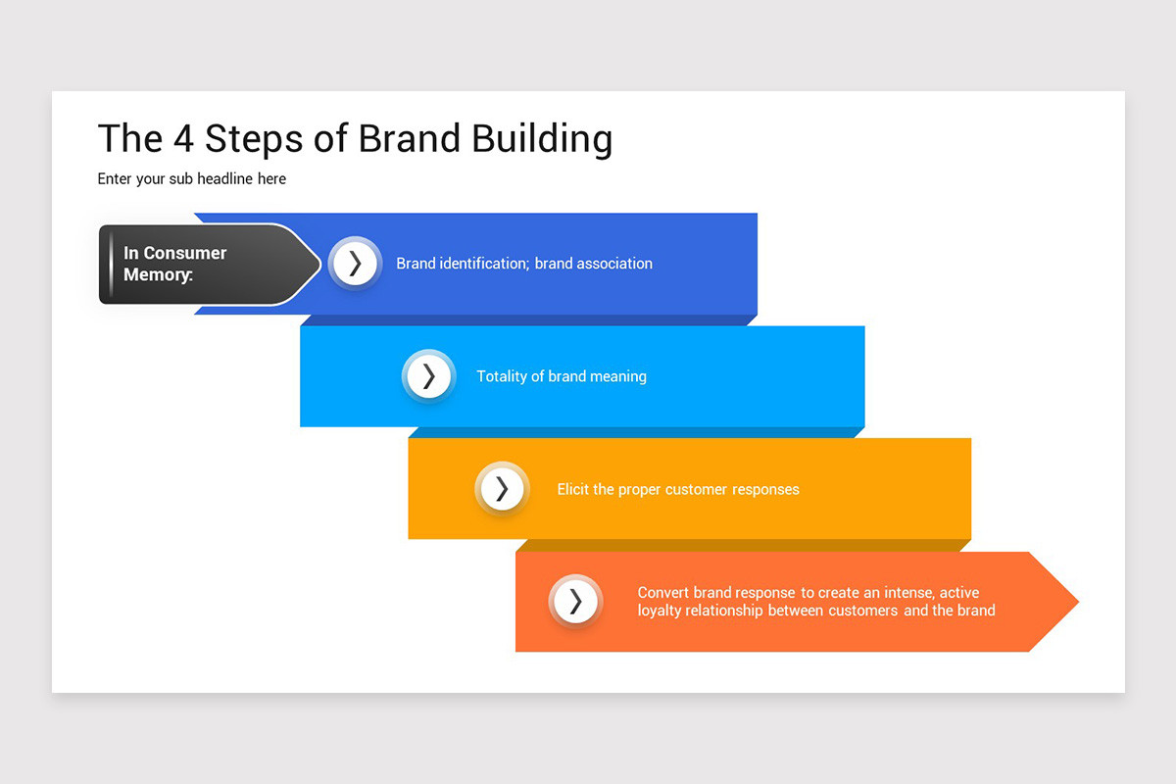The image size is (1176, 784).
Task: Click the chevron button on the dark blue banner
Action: point(355,263)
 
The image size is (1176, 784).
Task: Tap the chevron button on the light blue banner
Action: point(428,376)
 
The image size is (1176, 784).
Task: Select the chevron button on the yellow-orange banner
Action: point(502,489)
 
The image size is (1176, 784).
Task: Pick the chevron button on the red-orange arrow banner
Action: point(575,602)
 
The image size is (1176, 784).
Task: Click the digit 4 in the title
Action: point(184,138)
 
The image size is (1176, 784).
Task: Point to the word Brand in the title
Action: point(409,138)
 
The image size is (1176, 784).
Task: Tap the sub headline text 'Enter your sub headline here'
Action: point(192,179)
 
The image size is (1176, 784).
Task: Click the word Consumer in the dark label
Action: point(185,253)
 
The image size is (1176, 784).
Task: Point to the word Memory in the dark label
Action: point(157,274)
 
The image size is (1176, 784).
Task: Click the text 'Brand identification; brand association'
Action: point(524,263)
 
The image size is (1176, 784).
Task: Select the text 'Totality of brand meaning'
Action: point(562,376)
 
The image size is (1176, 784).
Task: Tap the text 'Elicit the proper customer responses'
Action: point(678,489)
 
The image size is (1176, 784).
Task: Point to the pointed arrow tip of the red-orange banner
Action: point(1078,602)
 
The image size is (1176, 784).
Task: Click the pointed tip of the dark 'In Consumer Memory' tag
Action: point(320,264)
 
